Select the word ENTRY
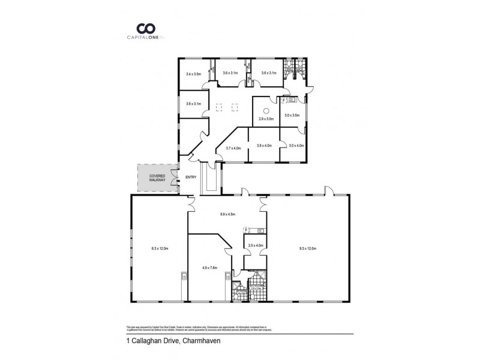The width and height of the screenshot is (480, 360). [x=191, y=177]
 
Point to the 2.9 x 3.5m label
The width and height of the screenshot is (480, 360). [x=266, y=119]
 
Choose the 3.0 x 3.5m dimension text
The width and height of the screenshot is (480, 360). [x=292, y=115]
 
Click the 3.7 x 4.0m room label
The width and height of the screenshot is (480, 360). [x=233, y=148]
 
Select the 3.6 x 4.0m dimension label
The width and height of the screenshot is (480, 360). [x=264, y=145]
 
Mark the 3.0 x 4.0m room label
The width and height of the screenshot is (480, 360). [x=296, y=145]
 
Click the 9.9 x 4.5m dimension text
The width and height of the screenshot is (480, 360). [x=227, y=214]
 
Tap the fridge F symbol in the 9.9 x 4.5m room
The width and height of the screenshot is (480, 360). [x=245, y=229]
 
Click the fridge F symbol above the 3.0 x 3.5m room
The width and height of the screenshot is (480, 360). [x=284, y=101]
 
